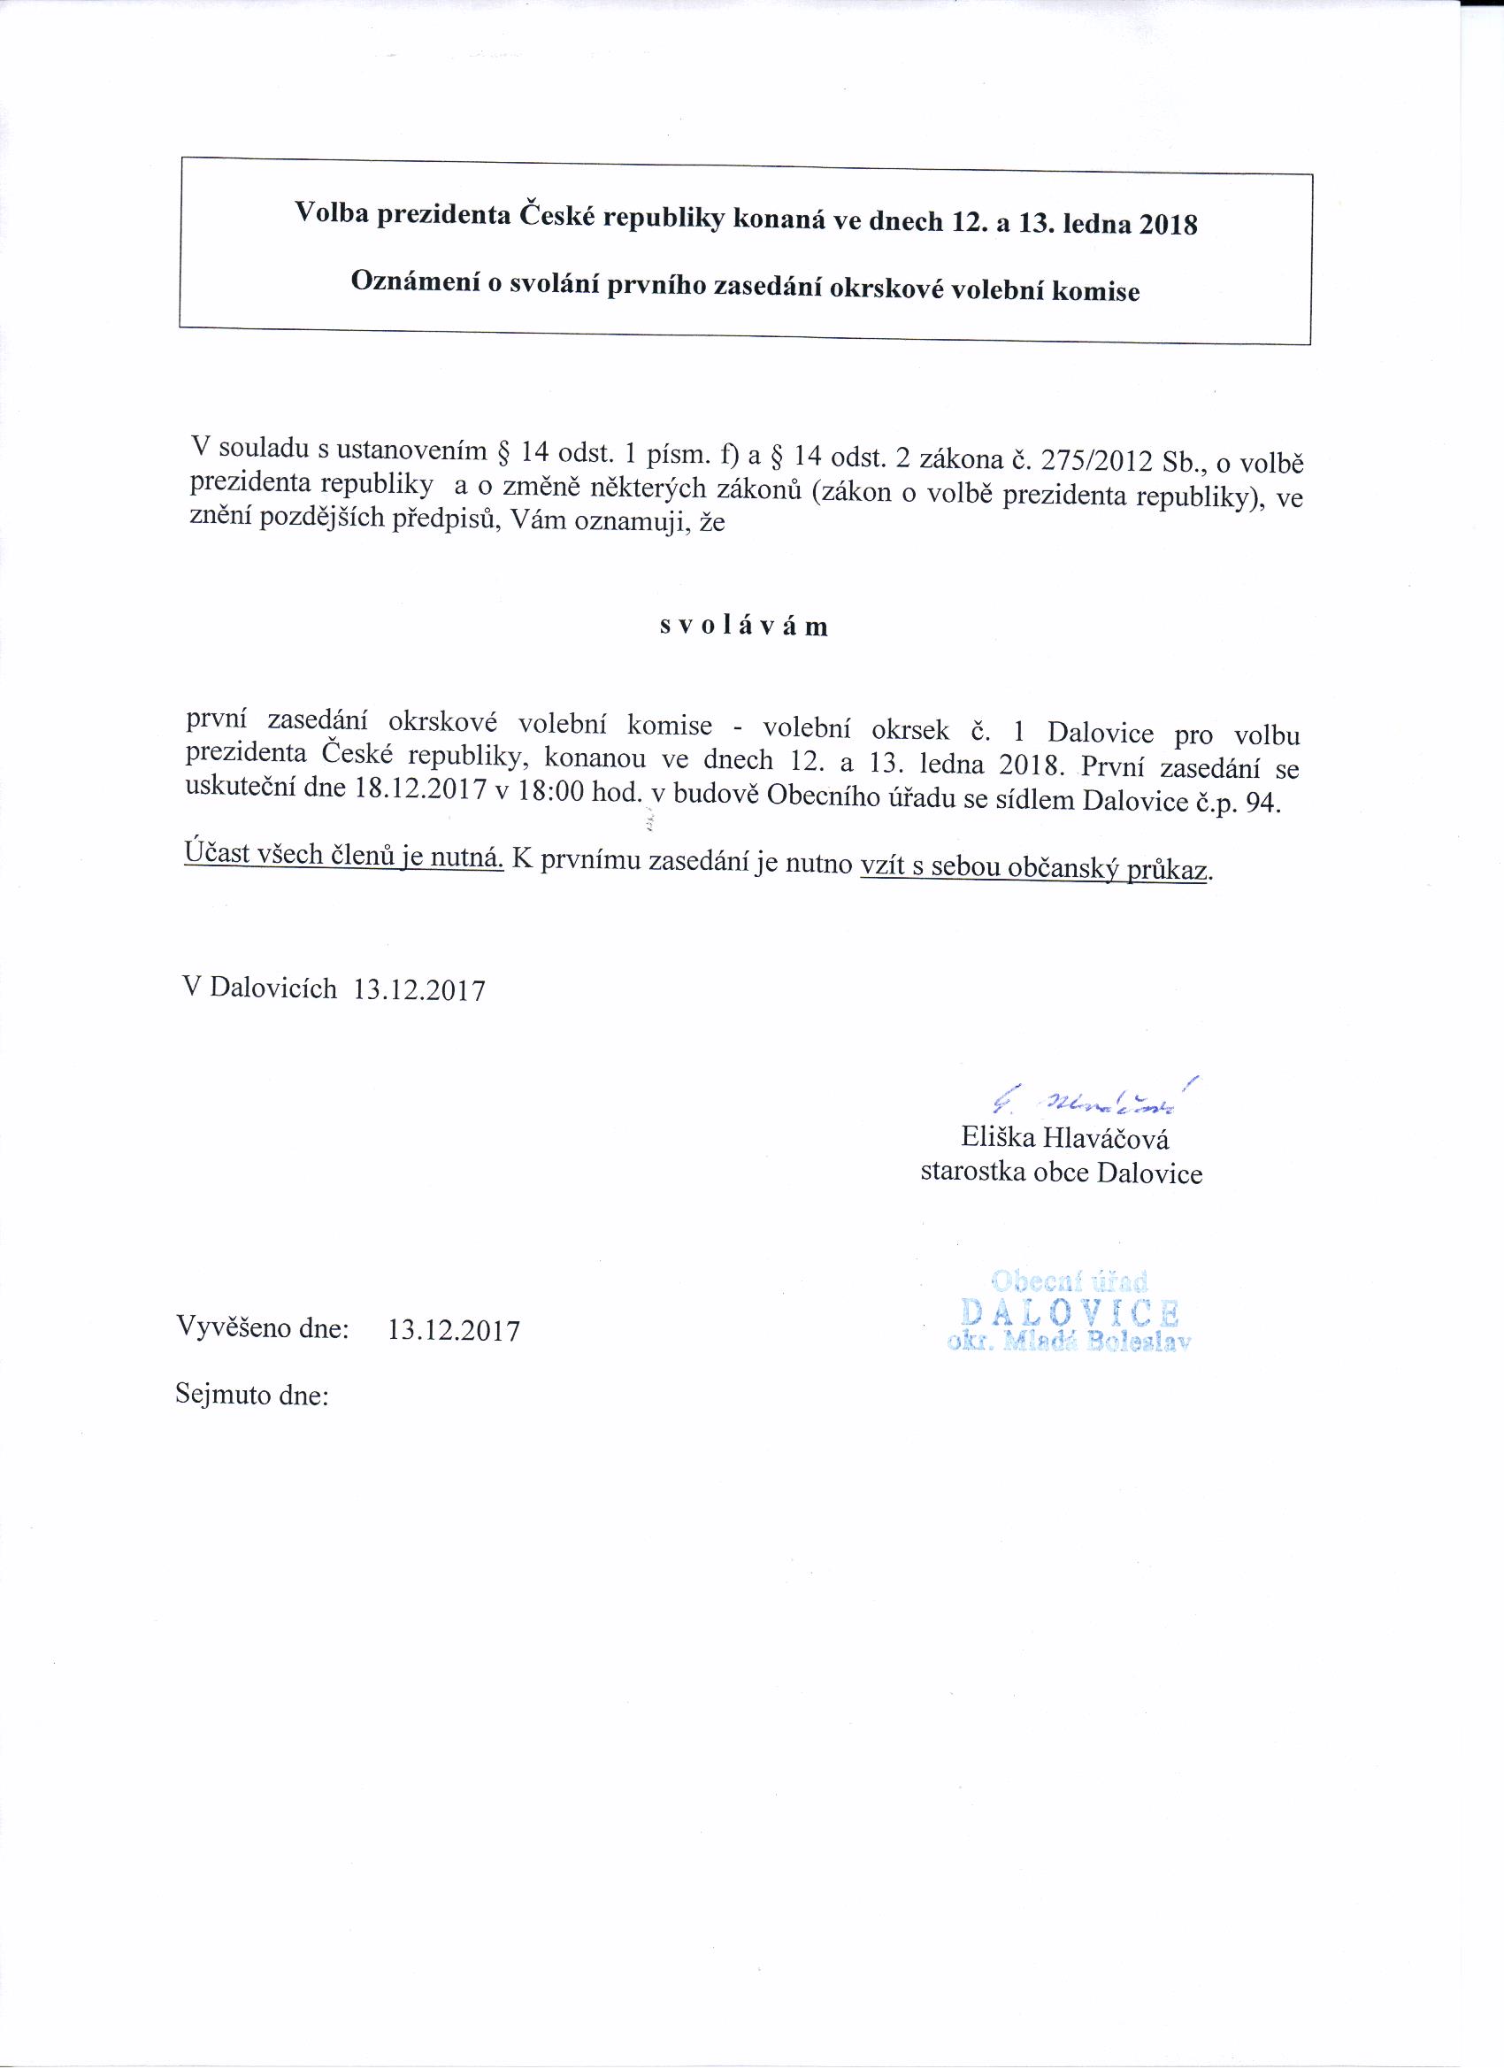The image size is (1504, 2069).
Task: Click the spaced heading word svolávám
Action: click(x=743, y=627)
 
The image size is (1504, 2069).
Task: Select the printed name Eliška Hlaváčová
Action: click(x=1064, y=1139)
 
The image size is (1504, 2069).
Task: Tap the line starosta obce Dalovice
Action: click(x=1061, y=1173)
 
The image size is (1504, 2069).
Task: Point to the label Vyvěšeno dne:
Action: click(x=263, y=1327)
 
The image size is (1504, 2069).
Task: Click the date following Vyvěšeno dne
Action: click(x=453, y=1331)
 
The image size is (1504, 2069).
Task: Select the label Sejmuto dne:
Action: click(x=251, y=1396)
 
